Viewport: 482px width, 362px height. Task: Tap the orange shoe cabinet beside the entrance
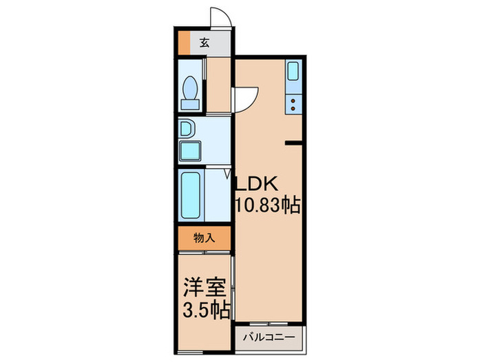click(184, 43)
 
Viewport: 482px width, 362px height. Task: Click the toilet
click(191, 88)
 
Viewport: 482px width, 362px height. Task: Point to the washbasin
click(186, 128)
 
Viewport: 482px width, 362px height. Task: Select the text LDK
click(258, 185)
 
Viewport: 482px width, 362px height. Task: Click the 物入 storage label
click(205, 239)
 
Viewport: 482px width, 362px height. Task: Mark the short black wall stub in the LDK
click(294, 143)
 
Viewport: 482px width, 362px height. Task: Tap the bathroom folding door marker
click(227, 174)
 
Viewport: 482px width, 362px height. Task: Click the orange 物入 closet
click(205, 239)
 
